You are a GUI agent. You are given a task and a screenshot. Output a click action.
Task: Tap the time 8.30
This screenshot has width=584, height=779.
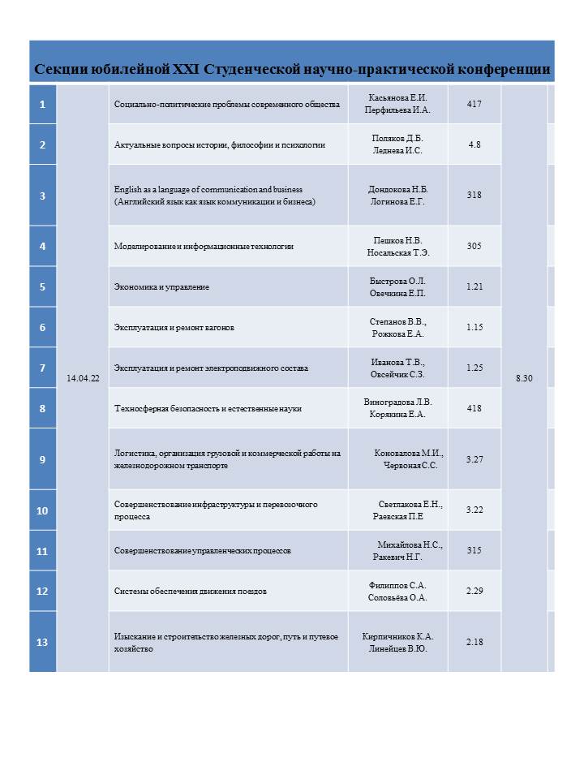click(x=524, y=378)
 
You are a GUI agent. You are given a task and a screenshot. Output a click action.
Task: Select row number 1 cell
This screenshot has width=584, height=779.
click(x=42, y=104)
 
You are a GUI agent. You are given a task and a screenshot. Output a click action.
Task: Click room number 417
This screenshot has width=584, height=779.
click(x=475, y=104)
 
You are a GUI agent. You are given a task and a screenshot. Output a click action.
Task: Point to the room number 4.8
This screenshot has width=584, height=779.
click(x=475, y=144)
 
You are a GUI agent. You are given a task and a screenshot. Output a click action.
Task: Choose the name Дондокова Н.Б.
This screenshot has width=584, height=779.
click(x=398, y=189)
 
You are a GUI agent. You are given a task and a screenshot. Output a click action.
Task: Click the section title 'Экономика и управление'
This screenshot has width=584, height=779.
click(x=162, y=286)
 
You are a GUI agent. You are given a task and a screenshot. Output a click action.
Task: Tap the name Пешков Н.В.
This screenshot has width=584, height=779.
click(x=398, y=240)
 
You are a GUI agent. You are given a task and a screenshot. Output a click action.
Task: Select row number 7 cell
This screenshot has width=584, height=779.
click(x=42, y=368)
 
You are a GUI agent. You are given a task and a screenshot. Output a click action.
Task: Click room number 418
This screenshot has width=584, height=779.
click(x=475, y=408)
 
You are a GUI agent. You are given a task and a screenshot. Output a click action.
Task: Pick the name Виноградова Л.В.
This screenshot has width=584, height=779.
click(x=398, y=402)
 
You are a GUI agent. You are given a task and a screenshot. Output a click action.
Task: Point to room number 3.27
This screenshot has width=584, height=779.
click(x=475, y=459)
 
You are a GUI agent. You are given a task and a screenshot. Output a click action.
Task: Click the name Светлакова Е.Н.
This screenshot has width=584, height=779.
click(x=410, y=504)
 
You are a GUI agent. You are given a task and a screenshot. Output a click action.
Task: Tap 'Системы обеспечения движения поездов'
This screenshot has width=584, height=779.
click(x=191, y=591)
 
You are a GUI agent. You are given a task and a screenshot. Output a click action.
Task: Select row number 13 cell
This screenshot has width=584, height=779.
click(x=42, y=642)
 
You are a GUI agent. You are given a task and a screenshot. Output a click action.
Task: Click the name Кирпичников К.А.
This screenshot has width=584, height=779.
click(x=398, y=636)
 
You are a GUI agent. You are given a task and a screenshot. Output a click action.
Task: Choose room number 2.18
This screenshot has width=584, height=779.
click(x=475, y=642)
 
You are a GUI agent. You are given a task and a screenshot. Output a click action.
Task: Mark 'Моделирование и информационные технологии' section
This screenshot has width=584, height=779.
click(x=204, y=246)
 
